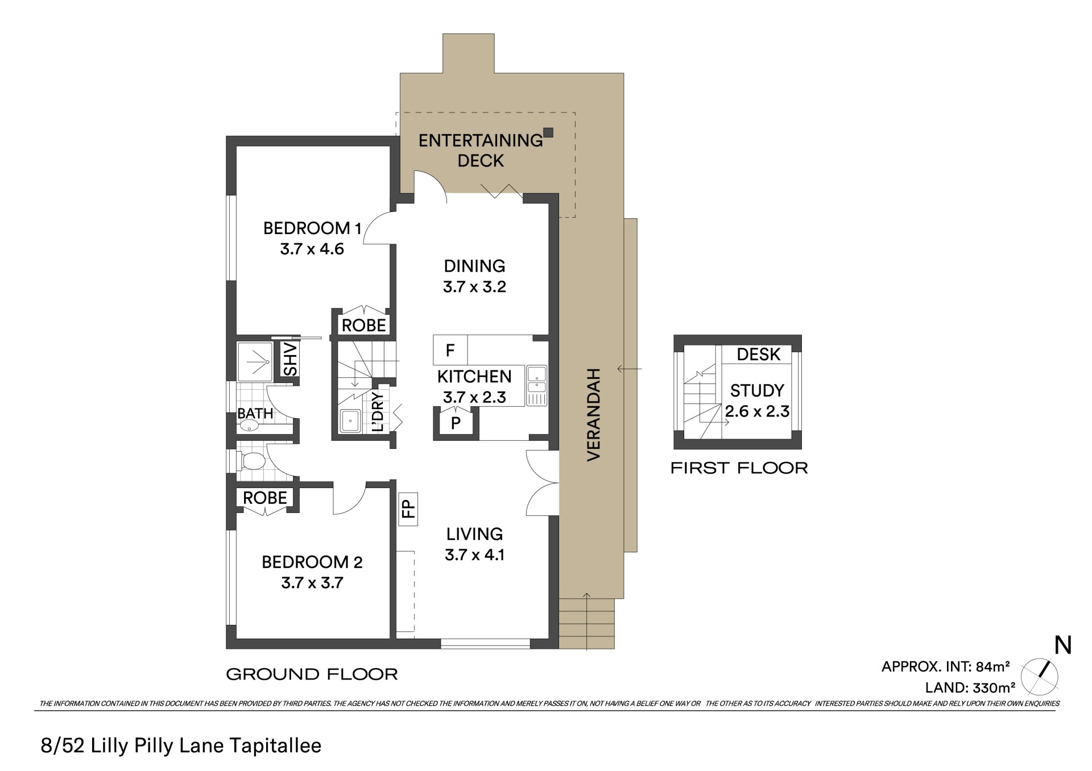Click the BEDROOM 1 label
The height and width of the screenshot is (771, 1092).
click(x=312, y=228)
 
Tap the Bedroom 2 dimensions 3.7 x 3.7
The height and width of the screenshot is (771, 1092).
click(x=312, y=583)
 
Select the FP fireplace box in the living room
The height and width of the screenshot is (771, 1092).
click(x=408, y=509)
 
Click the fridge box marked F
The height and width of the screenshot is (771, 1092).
click(x=450, y=350)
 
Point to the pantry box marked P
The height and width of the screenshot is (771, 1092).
click(x=456, y=423)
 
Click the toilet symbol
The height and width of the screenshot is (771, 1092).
click(x=252, y=461)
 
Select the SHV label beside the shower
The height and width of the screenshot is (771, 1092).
click(x=290, y=359)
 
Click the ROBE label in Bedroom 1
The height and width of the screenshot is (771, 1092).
click(x=364, y=326)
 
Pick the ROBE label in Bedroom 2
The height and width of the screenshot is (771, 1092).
click(x=265, y=498)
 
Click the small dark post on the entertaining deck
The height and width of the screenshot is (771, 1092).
click(x=548, y=132)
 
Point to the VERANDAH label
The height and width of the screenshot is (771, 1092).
click(x=593, y=415)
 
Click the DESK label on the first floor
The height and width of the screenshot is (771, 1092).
click(x=759, y=355)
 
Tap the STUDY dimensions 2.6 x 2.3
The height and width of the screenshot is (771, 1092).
click(x=757, y=411)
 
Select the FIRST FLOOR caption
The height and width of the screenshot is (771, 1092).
click(x=739, y=468)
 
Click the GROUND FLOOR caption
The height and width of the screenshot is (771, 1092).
click(x=312, y=674)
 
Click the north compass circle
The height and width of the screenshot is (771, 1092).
click(x=1040, y=677)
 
